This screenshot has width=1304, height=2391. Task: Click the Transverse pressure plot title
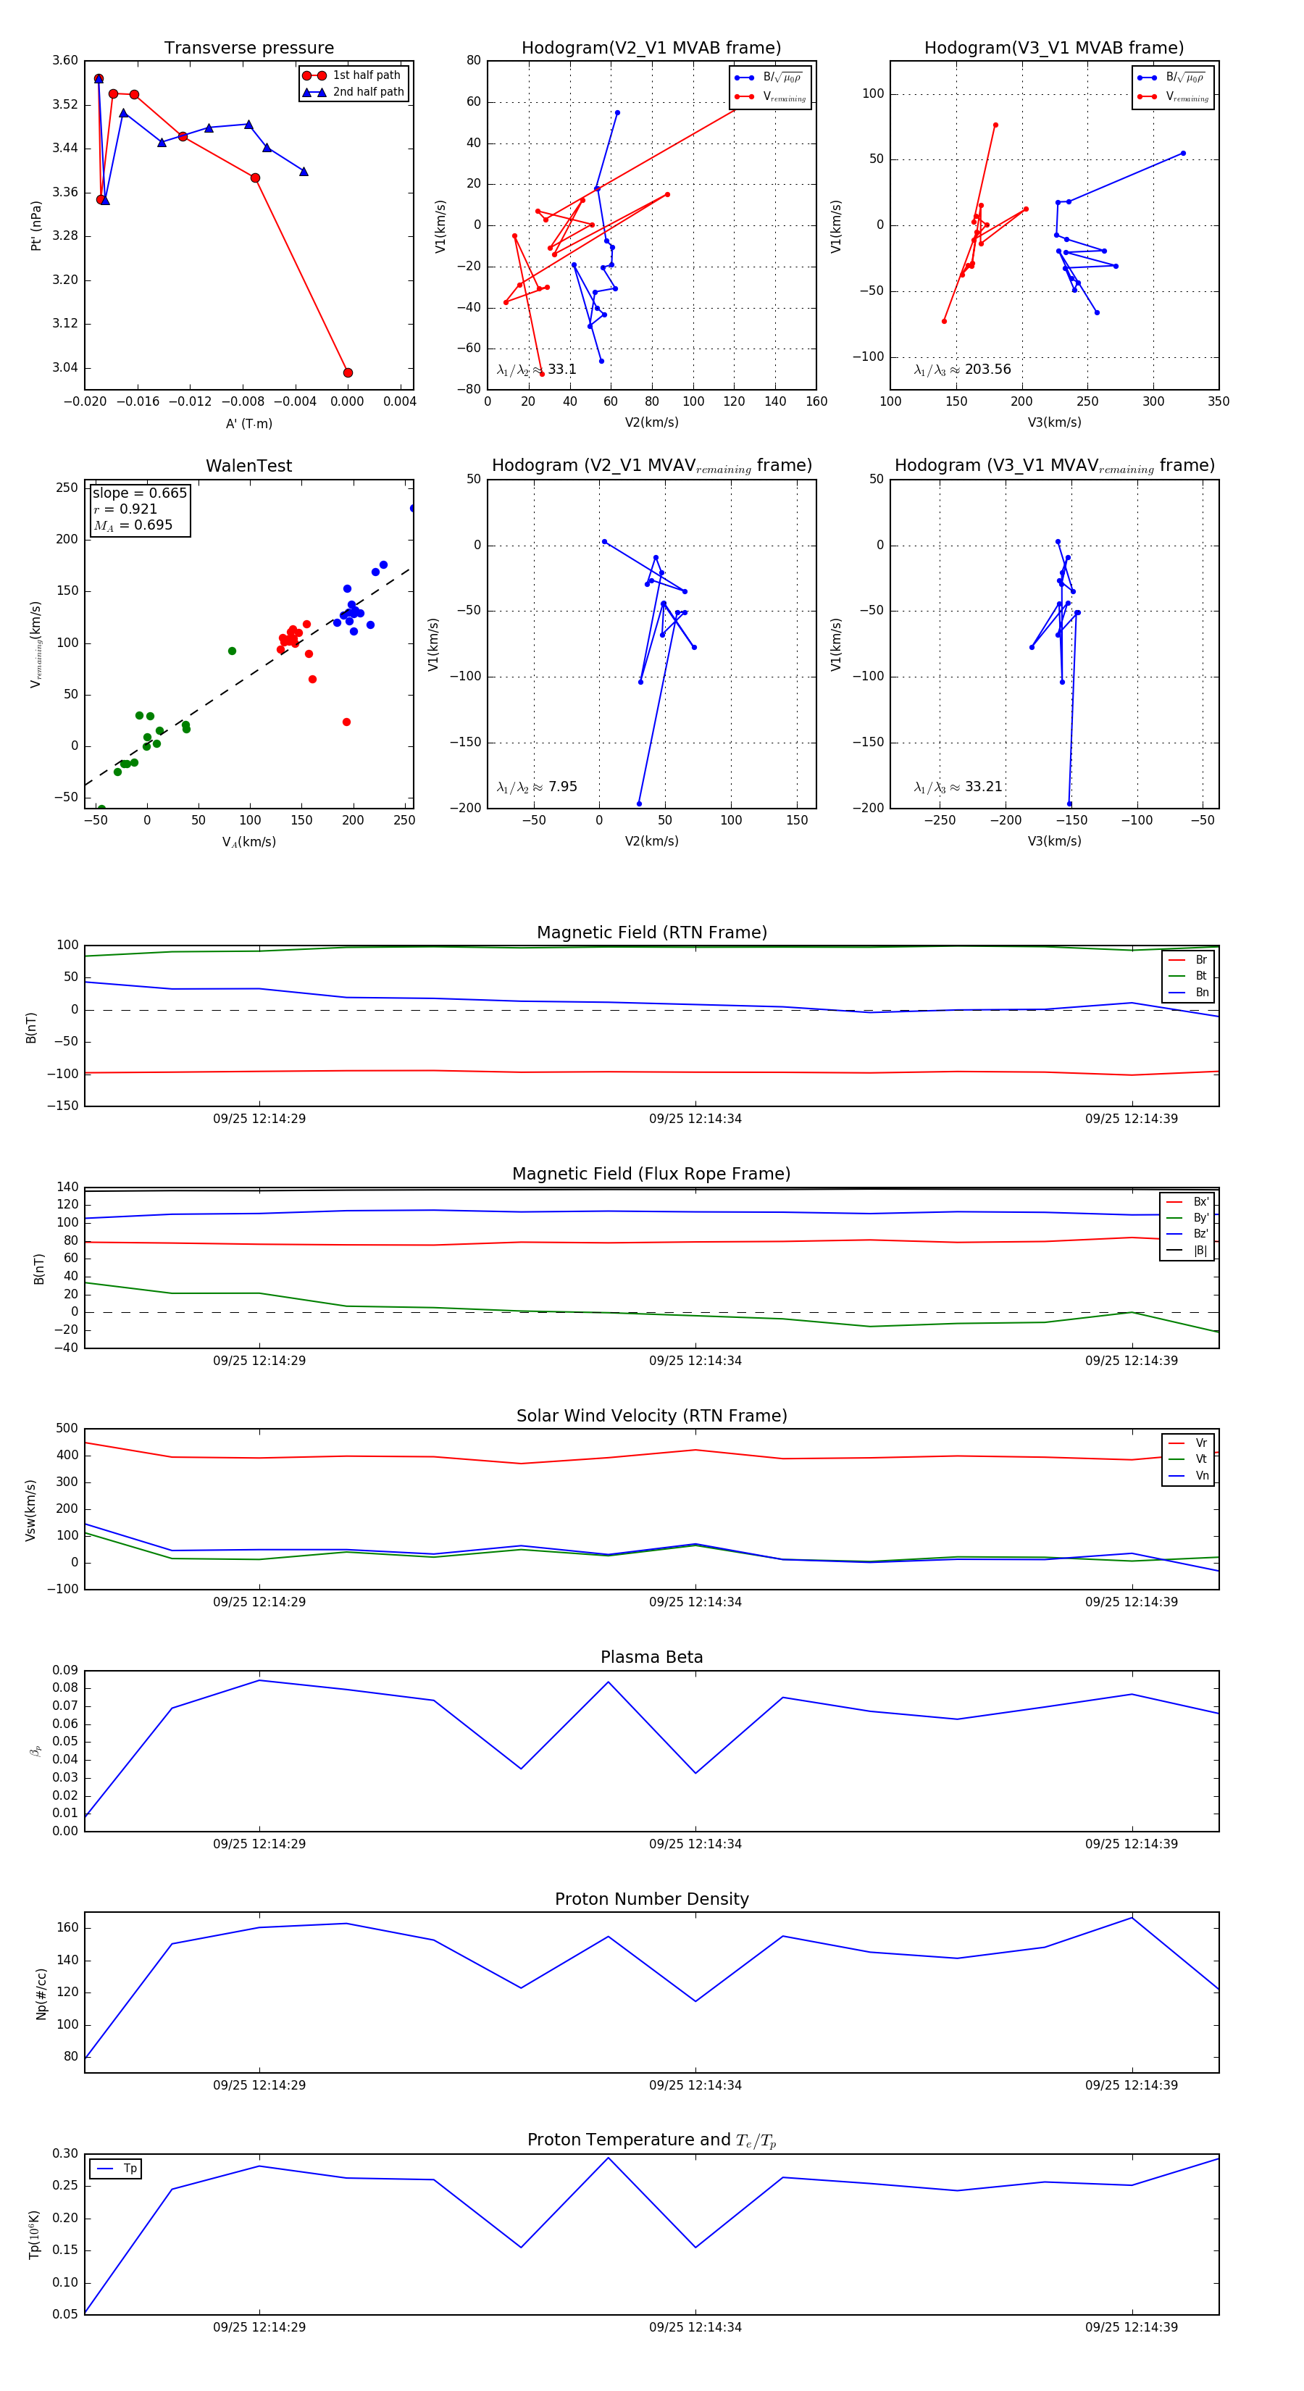[248, 49]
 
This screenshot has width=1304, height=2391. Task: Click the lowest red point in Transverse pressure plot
[348, 373]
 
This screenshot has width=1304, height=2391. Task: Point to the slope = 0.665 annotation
[139, 493]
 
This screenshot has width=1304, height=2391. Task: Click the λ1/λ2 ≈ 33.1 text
[536, 370]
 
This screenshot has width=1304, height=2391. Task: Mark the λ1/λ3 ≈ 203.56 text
[963, 370]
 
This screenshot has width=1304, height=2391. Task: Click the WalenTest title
[248, 466]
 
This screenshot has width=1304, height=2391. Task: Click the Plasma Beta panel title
[651, 1657]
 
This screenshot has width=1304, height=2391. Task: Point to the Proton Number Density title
[651, 1899]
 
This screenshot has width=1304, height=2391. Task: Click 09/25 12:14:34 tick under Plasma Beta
[695, 1843]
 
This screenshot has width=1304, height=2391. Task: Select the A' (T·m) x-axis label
[248, 423]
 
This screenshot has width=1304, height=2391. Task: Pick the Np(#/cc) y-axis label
[41, 1994]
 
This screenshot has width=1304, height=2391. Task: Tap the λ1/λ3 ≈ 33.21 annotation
[958, 787]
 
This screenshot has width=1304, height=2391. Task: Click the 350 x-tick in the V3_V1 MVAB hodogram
[1218, 402]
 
